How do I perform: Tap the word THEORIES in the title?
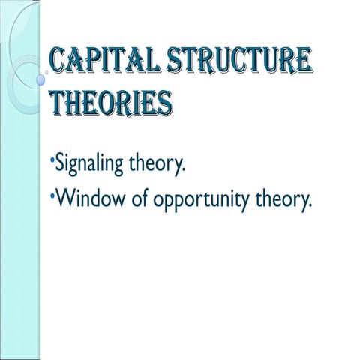(x=109, y=101)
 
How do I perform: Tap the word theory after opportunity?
(x=282, y=201)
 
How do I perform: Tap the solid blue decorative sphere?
(x=41, y=78)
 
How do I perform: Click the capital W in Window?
(x=64, y=201)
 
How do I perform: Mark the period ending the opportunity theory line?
(x=307, y=208)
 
